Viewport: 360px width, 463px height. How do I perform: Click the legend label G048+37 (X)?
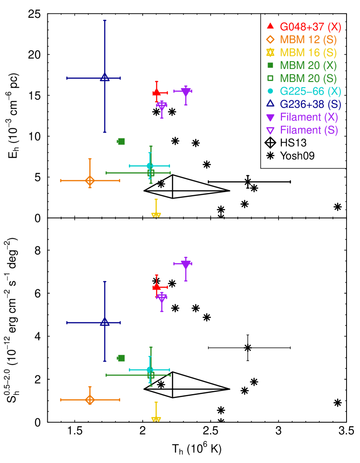[x=310, y=27]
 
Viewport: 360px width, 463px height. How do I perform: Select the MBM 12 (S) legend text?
[x=308, y=40]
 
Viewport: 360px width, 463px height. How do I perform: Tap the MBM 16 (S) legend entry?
[x=308, y=53]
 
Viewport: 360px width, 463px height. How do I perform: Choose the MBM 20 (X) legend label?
[x=308, y=66]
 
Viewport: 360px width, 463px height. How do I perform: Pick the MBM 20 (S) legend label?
[x=308, y=78]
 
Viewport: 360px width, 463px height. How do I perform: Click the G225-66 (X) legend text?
[x=310, y=91]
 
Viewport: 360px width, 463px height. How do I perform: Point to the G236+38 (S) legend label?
[x=310, y=104]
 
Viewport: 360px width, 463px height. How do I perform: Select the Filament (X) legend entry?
[x=309, y=117]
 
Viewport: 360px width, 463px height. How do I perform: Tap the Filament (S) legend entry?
[x=309, y=130]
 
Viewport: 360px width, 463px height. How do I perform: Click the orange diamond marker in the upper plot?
[x=90, y=180]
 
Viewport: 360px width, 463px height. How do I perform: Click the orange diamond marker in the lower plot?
[x=90, y=400]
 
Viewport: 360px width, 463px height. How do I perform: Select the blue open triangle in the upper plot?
[x=105, y=77]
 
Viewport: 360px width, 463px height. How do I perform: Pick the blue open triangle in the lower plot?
[x=105, y=322]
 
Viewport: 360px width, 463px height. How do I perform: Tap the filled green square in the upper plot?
[x=121, y=141]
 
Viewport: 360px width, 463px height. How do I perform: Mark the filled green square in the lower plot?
[x=121, y=358]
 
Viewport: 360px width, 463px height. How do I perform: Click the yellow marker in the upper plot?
[x=156, y=215]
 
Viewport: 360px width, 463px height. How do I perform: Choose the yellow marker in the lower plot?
[x=156, y=419]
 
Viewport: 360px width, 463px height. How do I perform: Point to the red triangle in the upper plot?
[x=157, y=92]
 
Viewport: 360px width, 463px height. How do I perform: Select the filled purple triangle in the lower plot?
[x=186, y=264]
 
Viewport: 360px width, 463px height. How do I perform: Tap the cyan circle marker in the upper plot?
[x=150, y=166]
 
